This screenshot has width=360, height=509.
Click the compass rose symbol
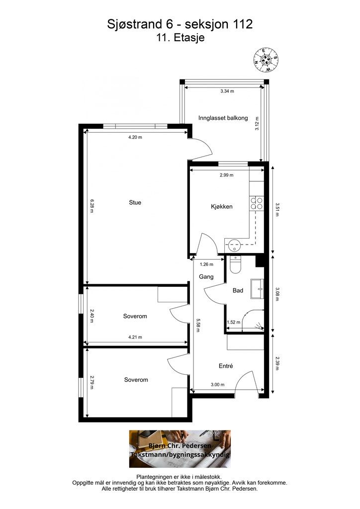pos(266,60)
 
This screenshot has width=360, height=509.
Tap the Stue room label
pos(135,203)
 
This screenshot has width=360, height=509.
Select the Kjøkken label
pos(222,206)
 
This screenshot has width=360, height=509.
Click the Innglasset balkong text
pos(223,118)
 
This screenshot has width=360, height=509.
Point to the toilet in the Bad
pos(235,264)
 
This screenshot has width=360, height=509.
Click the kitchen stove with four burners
pos(257,203)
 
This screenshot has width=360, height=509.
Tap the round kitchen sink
pos(233,245)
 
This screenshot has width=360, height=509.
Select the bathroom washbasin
pos(257,289)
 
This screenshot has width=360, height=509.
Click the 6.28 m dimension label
pos(92,206)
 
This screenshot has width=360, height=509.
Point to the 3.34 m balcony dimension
pos(227,91)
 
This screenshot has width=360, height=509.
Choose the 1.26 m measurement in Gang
pos(206,264)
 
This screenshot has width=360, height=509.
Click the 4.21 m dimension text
pos(135,337)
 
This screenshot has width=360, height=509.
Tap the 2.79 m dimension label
pos(92,382)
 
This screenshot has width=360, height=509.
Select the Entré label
pos(226,366)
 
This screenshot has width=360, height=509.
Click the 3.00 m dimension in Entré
pos(217,385)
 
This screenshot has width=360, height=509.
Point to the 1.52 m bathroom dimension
pos(233,322)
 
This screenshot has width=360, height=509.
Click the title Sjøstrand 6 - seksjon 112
pos(180,24)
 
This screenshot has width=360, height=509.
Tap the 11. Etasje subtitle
pos(180,38)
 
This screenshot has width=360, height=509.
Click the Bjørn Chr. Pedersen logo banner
pos(180,449)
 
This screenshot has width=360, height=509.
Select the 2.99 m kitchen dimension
pos(227,175)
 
